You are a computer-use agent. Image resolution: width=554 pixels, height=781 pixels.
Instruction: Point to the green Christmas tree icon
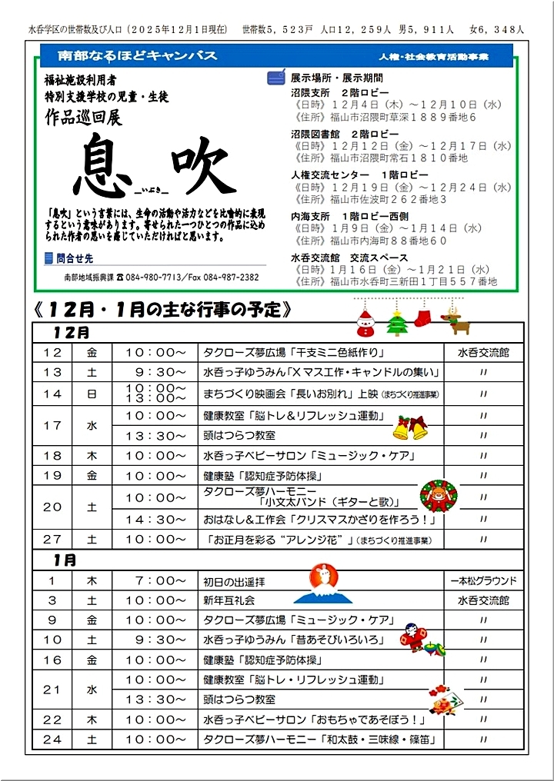396,323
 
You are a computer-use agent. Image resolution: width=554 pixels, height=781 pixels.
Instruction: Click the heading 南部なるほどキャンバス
138,56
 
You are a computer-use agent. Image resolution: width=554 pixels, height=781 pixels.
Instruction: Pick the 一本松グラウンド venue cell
484,580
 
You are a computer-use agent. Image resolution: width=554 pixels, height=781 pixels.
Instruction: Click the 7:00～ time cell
155,580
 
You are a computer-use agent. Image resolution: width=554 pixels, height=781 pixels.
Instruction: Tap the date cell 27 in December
53,540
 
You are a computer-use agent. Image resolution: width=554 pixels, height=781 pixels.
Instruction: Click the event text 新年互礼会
229,600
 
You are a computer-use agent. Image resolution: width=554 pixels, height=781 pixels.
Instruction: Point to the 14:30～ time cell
155,520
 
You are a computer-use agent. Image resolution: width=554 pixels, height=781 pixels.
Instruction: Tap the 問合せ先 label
74,258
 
